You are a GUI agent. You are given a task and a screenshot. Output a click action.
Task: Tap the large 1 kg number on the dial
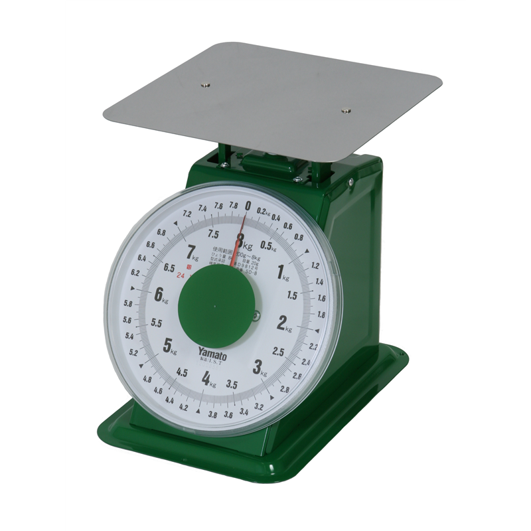(281, 270)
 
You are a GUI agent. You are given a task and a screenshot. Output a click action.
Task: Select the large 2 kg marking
(281, 323)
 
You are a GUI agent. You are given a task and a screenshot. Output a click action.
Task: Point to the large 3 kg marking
(257, 366)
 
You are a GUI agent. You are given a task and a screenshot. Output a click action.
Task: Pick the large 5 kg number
(168, 344)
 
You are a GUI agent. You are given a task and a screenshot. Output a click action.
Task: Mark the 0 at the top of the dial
(248, 206)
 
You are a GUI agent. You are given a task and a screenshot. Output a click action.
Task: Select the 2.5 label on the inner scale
(278, 351)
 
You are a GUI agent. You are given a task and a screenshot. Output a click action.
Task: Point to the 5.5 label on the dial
(157, 323)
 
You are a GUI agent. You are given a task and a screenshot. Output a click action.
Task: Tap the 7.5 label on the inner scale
(213, 234)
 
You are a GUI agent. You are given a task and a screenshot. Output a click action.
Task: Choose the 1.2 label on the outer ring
(315, 266)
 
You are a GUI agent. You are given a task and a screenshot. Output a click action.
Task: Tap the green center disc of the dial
(216, 307)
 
